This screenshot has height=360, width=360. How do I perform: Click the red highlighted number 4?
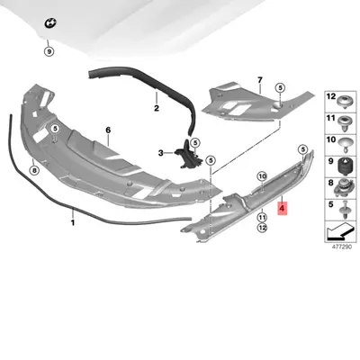click(282, 210)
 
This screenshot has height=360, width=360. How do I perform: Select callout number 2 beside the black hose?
click(155, 110)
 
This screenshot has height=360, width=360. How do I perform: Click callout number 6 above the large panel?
click(107, 130)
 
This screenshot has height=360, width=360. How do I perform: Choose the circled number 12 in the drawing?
click(263, 229)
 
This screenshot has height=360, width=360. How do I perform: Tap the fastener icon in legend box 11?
click(345, 121)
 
